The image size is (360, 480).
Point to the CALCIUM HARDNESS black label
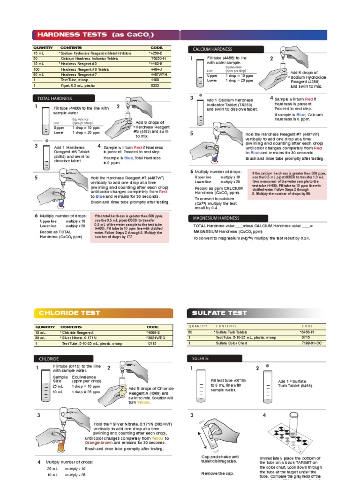210,49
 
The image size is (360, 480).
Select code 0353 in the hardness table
155,86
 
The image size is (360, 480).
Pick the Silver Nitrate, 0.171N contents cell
78,337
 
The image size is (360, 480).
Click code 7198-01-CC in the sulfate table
309,343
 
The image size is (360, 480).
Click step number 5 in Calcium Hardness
191,134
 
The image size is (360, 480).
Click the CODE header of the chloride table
153,327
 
